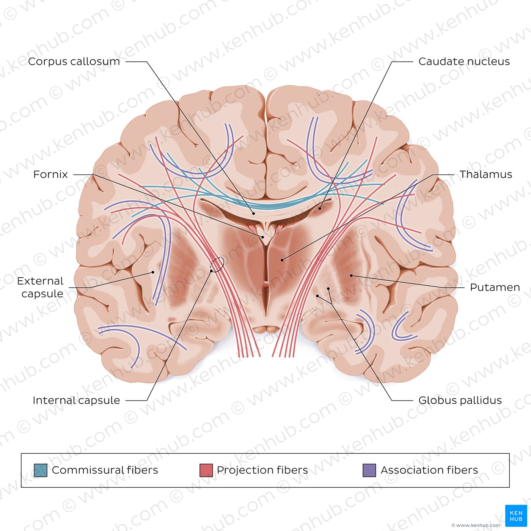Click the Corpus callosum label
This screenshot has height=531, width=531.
[x=74, y=61]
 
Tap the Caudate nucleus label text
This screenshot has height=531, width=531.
[x=464, y=61]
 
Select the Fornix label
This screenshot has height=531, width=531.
[x=50, y=174]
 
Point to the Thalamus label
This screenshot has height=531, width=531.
[x=486, y=174]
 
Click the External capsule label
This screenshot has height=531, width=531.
[x=40, y=287]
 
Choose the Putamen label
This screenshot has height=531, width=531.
[x=495, y=287]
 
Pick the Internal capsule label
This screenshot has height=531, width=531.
[x=76, y=401]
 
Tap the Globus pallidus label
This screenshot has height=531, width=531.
[x=460, y=401]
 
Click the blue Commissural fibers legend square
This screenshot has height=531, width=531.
[x=41, y=470]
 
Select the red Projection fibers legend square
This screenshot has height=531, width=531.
[x=206, y=470]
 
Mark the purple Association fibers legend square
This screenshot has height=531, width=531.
[x=369, y=470]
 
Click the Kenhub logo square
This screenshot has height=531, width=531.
[x=516, y=516]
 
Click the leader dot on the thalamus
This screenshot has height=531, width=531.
[x=282, y=260]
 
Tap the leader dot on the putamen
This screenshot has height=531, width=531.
[x=351, y=275]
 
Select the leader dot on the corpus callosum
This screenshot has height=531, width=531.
[x=253, y=213]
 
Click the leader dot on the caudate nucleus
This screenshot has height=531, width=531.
[x=320, y=209]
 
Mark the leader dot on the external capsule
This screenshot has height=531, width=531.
[x=153, y=272]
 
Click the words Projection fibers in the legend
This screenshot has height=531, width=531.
[x=262, y=470]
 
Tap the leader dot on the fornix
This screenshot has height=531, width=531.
[x=263, y=237]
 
